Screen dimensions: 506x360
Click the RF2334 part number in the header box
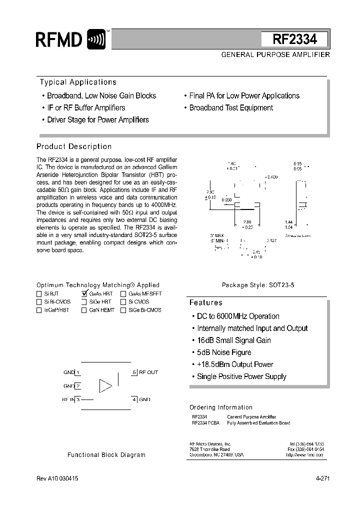pos(294,39)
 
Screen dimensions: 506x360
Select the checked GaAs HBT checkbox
pos(84,294)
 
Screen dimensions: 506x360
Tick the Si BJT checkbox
pos(39,294)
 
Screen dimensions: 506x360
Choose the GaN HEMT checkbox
pos(84,310)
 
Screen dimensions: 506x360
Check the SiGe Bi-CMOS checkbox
pos(123,310)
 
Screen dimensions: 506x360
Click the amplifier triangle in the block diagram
pos(105,385)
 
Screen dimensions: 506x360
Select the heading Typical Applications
pos(78,82)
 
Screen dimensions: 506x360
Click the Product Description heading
pos(74,146)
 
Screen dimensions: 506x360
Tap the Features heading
pos(205,302)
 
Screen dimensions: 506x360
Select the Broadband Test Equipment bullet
pos(231,107)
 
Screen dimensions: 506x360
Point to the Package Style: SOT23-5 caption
pos(258,285)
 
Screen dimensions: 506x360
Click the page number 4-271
pos(322,478)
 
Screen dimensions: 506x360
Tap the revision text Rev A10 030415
pos(57,478)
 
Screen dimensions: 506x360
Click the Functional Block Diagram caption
pos(106,455)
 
